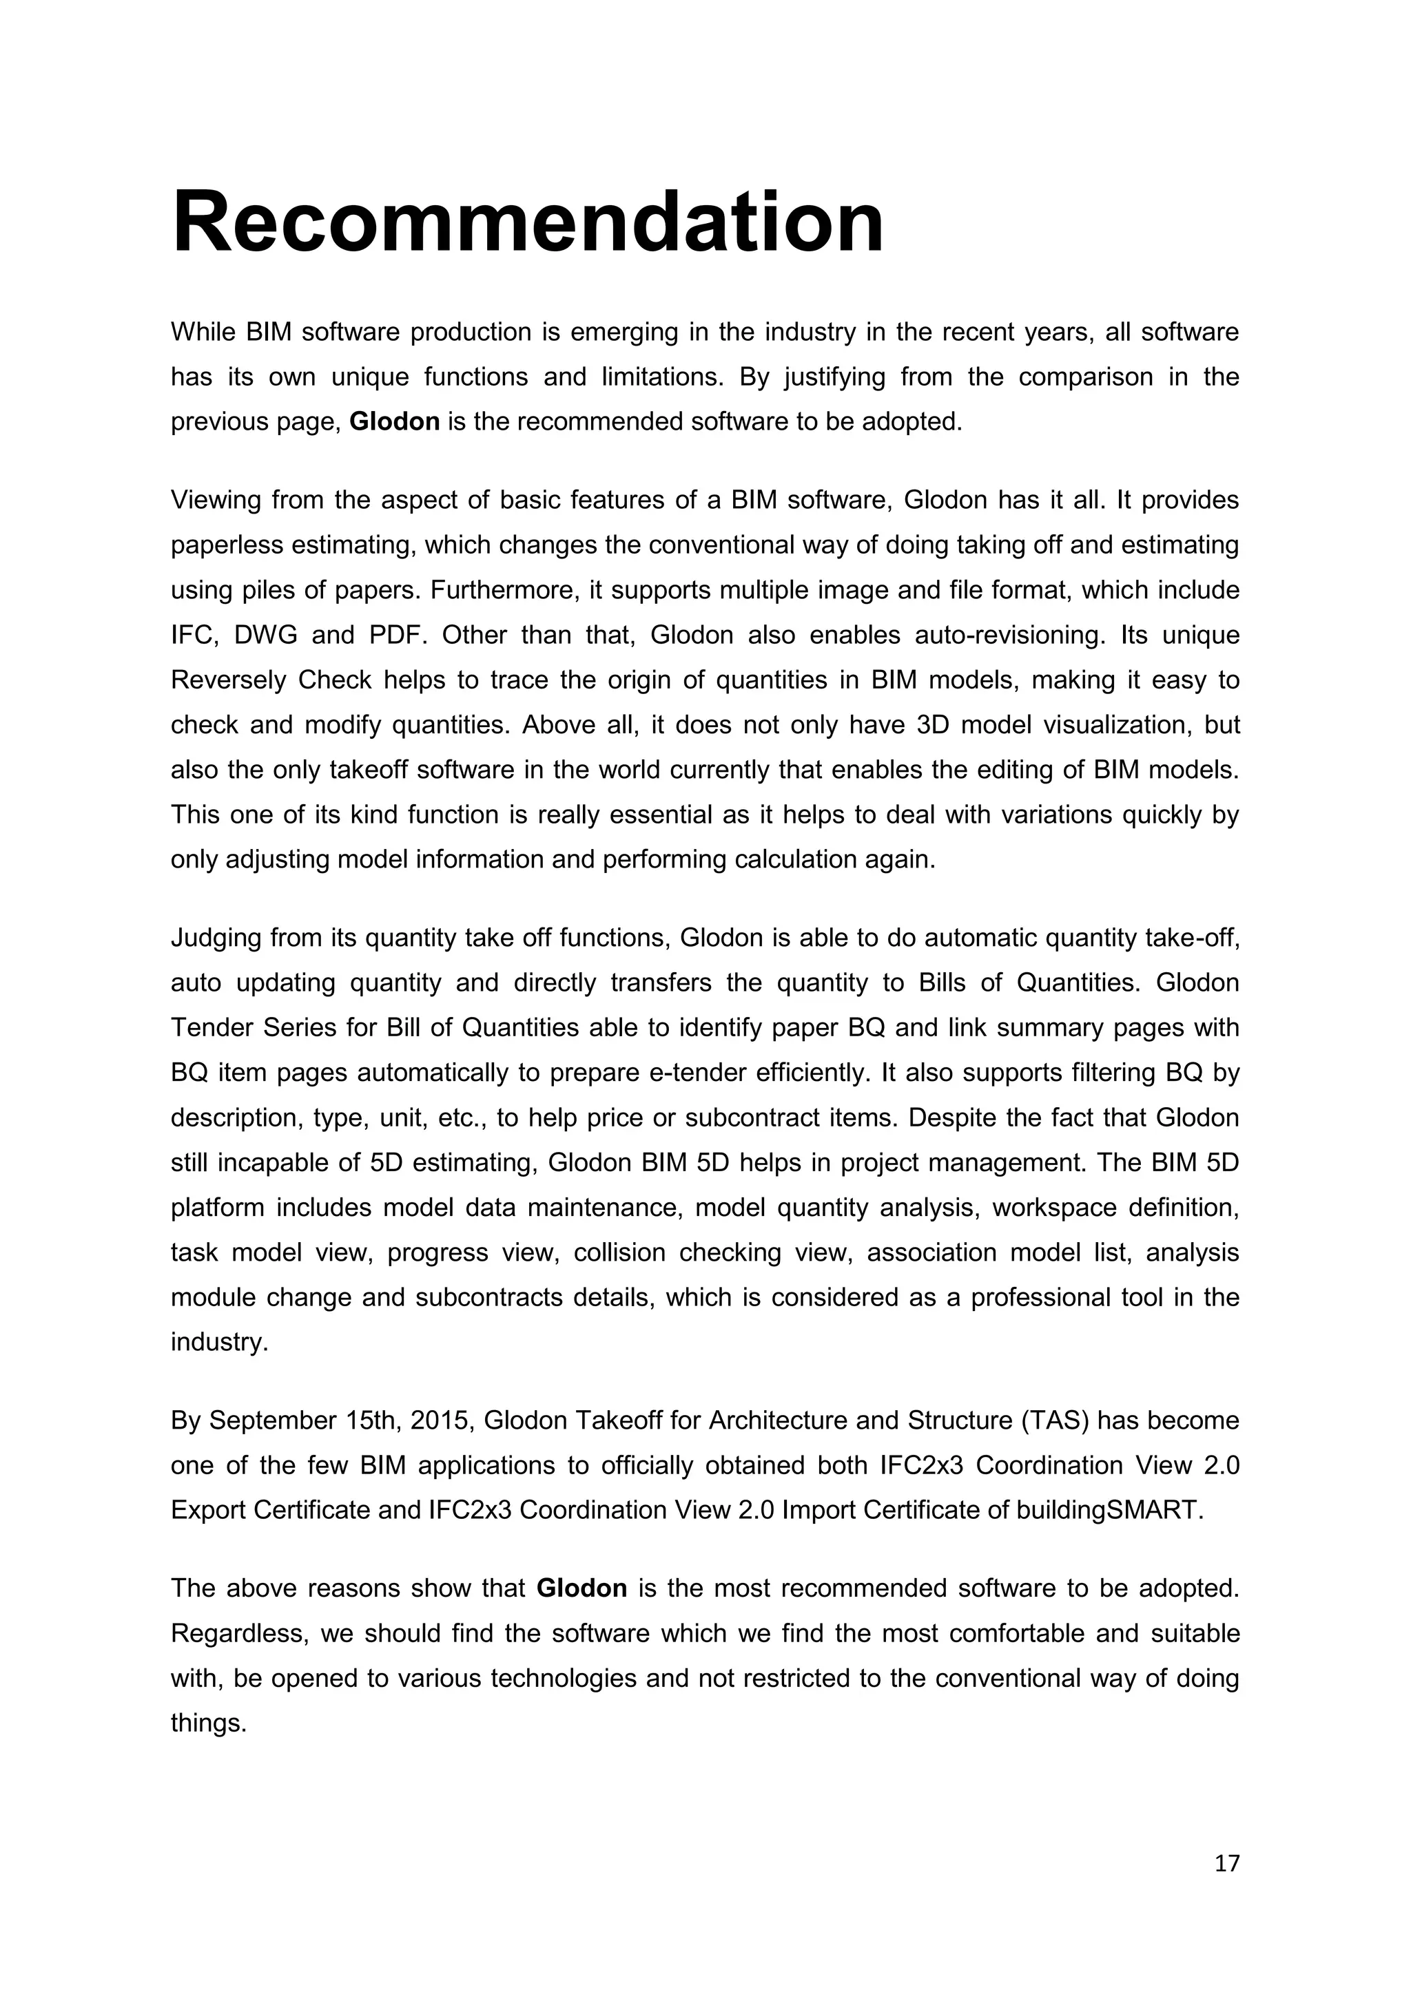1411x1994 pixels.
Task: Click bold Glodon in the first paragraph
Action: tap(395, 422)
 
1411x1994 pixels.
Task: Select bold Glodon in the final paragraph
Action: tap(581, 1588)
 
